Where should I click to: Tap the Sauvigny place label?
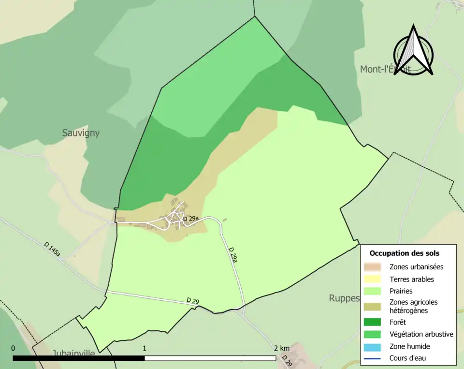point(81,133)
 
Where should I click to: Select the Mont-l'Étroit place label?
point(385,69)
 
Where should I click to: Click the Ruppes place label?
point(344,298)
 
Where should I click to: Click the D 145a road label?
point(52,248)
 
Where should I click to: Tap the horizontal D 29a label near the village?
point(190,219)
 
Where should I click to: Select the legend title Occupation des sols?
point(404,253)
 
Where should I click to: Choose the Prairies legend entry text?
point(401,291)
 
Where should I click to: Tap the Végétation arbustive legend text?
point(421,334)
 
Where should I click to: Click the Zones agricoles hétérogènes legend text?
point(413,306)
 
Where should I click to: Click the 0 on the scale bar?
point(13,348)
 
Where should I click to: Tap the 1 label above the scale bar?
point(145,348)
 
